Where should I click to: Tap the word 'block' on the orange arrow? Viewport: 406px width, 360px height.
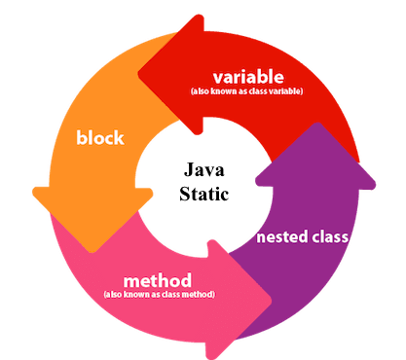point(101,137)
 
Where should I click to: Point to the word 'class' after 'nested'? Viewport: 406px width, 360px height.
point(327,235)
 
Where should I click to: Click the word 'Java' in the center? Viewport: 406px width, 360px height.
point(204,171)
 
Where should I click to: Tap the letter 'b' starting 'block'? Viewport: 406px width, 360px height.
point(81,137)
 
